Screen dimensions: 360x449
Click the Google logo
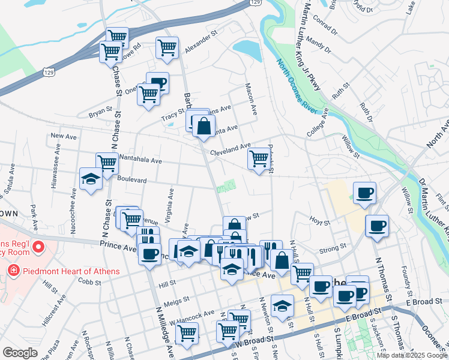point(20,353)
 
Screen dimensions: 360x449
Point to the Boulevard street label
point(133,179)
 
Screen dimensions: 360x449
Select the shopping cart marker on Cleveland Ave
point(259,158)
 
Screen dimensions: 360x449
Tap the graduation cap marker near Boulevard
point(91,178)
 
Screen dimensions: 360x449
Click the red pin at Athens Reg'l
point(37,247)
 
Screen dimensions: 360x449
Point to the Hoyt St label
point(319,222)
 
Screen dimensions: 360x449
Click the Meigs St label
point(176,298)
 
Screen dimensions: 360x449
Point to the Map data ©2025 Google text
point(412,355)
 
